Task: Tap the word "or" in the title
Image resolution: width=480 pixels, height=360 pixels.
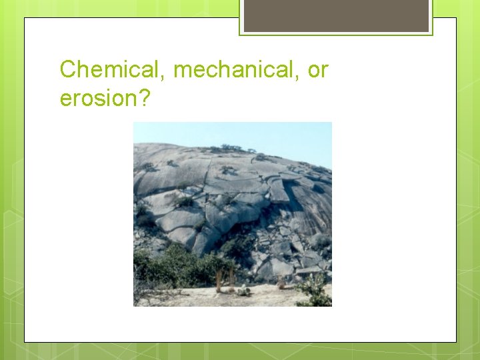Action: (317, 69)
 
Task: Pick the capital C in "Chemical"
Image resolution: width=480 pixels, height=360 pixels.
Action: (67, 69)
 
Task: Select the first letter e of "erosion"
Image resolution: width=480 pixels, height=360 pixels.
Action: (65, 99)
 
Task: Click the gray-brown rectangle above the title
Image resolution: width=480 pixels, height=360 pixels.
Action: (336, 15)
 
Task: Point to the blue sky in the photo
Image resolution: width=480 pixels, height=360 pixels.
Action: (280, 137)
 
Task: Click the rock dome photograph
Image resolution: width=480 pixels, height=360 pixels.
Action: (232, 214)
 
